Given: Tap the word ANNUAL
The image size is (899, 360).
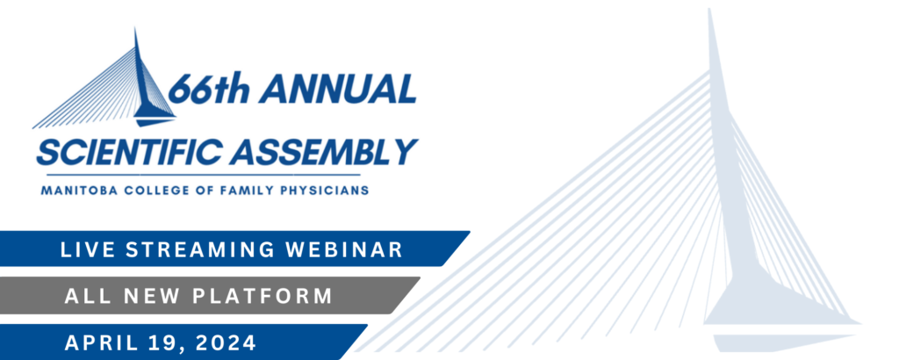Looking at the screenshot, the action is point(338,89).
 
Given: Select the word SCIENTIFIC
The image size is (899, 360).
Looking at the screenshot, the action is point(129,152).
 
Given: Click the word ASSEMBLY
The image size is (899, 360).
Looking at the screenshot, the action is point(324,152).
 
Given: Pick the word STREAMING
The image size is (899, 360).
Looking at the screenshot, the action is point(197,249).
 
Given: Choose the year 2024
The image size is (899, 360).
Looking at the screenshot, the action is point(226,342).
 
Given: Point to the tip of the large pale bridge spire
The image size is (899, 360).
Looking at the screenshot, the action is point(709,9).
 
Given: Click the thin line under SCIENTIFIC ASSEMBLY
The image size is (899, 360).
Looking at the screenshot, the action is point(203,174).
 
